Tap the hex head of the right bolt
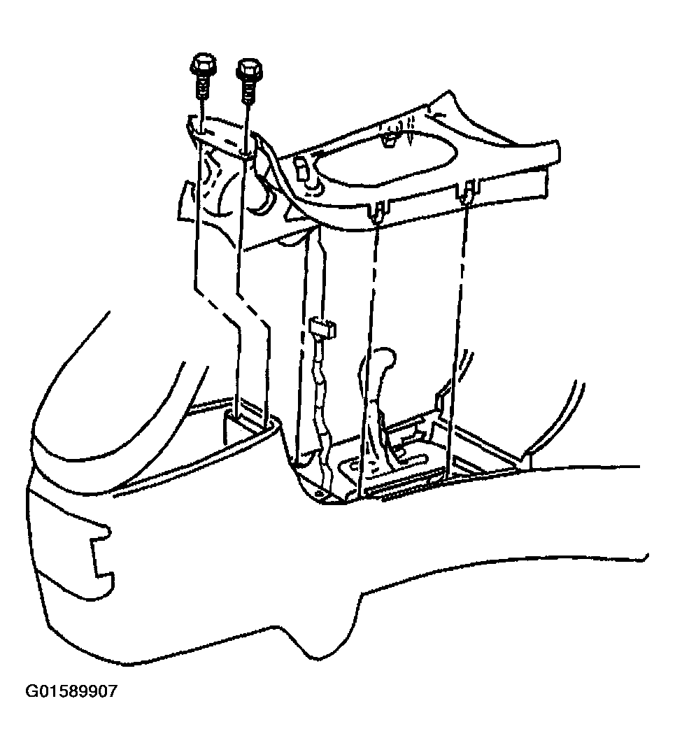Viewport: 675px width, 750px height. tap(249, 69)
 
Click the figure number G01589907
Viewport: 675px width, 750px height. tap(71, 691)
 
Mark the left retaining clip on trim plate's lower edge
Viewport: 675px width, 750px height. tap(378, 211)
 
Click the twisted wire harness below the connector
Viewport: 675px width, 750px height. tap(320, 411)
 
